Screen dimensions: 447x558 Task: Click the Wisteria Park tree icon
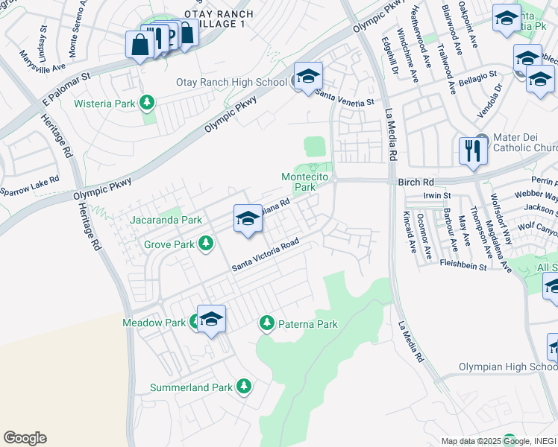coord(148,102)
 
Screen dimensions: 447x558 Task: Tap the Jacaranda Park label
coord(166,221)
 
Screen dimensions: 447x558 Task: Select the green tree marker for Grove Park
coord(207,244)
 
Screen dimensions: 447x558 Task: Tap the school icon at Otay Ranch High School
coord(307,76)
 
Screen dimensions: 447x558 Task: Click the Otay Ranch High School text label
coord(231,82)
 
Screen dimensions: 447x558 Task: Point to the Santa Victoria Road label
coord(265,256)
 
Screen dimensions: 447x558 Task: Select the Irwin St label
coord(437,195)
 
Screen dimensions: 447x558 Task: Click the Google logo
coord(25,438)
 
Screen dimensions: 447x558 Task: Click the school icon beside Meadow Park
coord(211,319)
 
